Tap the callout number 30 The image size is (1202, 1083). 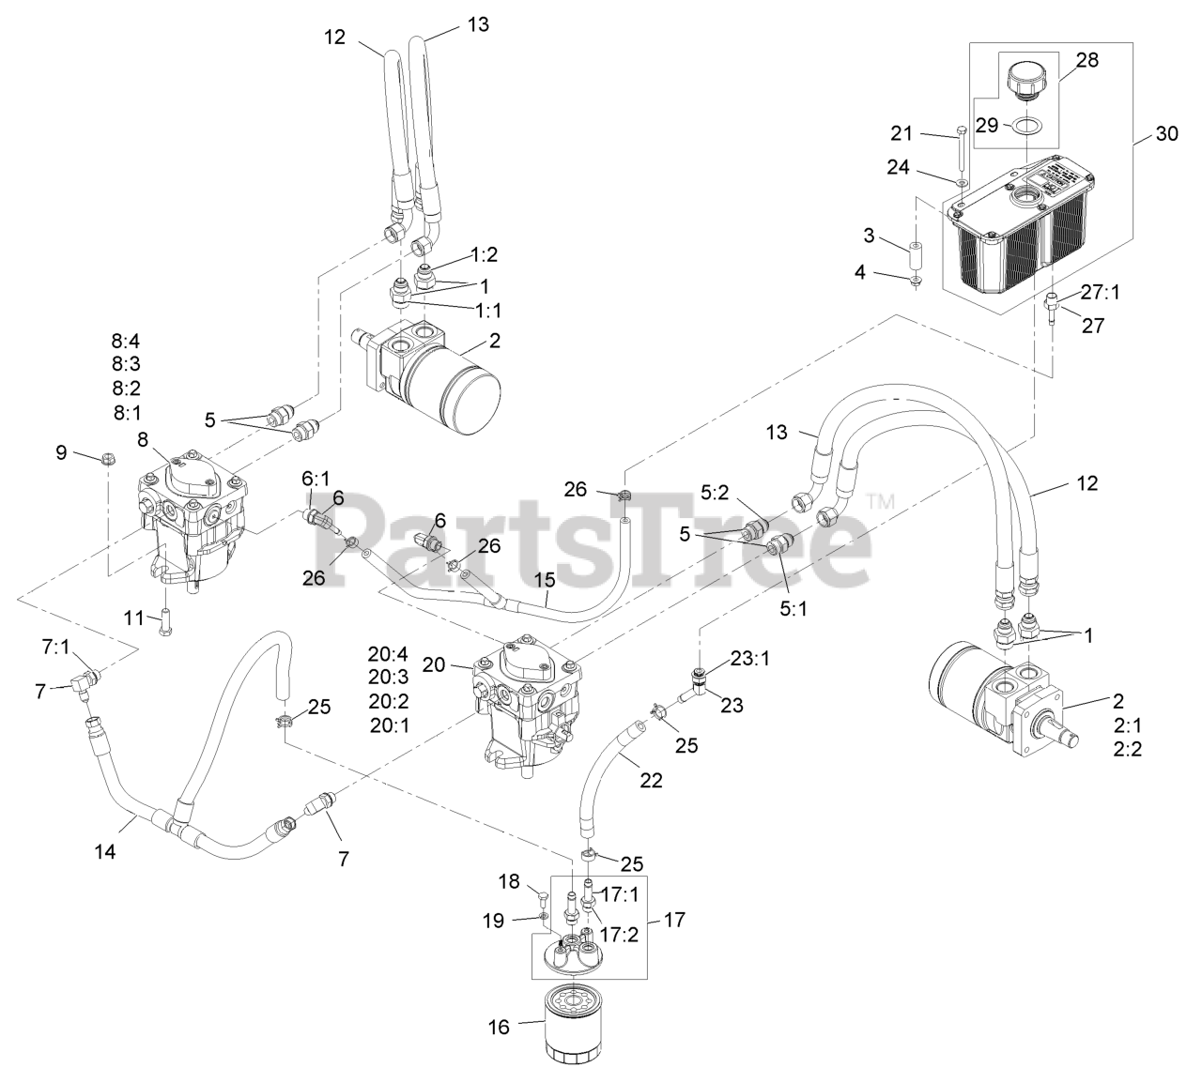(1165, 134)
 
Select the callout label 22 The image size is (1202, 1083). (650, 780)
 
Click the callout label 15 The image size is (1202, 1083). (546, 582)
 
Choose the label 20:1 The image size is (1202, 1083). (388, 725)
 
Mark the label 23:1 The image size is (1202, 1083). (749, 658)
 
